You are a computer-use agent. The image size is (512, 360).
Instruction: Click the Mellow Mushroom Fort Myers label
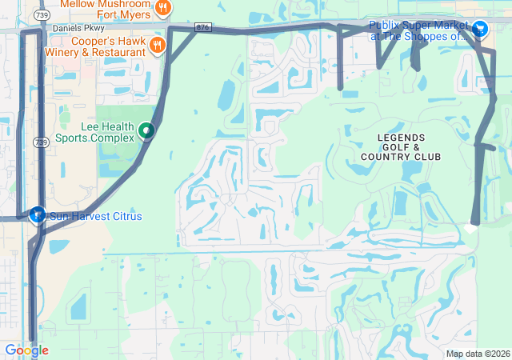click(x=104, y=10)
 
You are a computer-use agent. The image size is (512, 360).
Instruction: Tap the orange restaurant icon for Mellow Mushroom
click(x=163, y=7)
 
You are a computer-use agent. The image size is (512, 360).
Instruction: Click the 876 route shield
click(x=203, y=27)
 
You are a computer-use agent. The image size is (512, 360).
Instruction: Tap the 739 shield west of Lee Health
click(x=41, y=142)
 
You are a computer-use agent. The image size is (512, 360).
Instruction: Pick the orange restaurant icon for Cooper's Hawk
click(x=156, y=44)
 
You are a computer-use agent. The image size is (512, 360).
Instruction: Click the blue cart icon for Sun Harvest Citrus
click(x=37, y=215)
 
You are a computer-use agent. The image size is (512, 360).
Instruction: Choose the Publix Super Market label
click(x=418, y=30)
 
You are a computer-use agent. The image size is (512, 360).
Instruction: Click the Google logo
click(x=26, y=350)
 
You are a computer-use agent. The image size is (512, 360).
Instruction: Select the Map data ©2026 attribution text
click(x=477, y=354)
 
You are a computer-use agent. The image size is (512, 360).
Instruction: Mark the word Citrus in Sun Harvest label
click(x=126, y=217)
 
